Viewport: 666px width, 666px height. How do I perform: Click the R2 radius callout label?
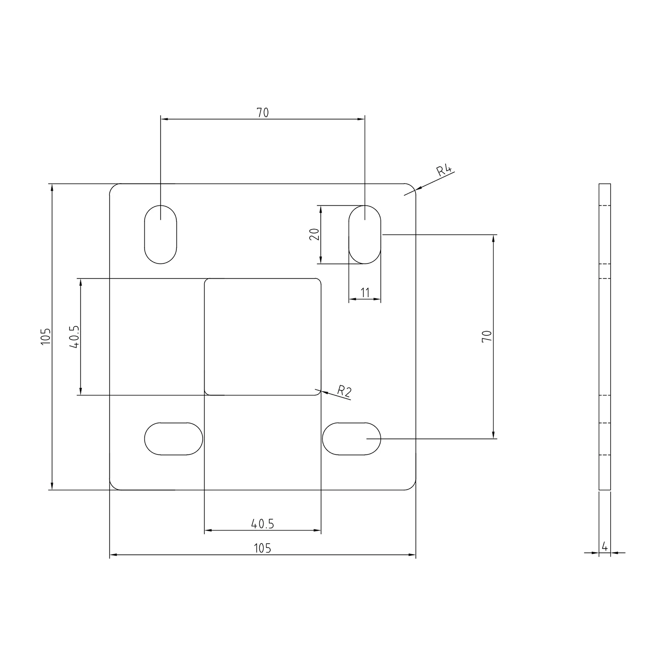point(344,391)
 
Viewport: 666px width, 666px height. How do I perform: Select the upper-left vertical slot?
point(160,235)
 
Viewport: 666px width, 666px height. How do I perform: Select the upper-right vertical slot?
point(364,235)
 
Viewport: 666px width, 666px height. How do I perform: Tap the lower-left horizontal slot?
point(174,439)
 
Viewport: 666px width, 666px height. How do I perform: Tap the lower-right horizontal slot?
point(352,439)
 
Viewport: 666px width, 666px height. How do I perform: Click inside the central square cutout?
point(263,337)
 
